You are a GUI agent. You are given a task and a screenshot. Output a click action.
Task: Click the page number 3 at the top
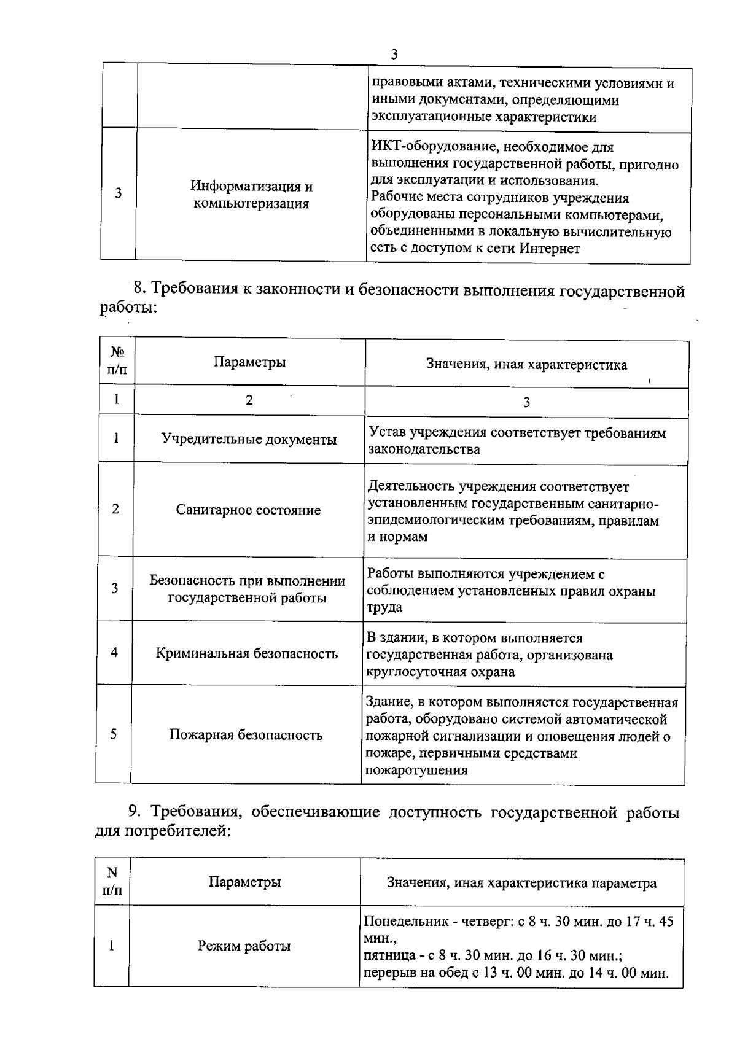[x=394, y=55]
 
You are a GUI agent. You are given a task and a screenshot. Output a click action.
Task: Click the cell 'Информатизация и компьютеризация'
[x=251, y=195]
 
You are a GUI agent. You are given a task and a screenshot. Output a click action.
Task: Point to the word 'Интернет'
[x=550, y=249]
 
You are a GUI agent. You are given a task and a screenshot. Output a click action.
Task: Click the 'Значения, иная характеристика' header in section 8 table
[x=526, y=365]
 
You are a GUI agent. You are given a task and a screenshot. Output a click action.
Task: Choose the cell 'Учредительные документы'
[x=249, y=440]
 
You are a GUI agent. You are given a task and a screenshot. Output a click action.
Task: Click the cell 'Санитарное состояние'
[x=248, y=510]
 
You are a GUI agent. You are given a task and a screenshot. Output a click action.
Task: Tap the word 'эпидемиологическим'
[x=430, y=521]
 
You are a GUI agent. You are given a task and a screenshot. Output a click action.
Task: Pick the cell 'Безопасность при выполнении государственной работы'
[x=247, y=589]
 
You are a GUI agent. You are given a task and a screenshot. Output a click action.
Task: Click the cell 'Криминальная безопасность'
[x=247, y=653]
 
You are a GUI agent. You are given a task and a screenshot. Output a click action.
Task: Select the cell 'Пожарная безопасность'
[x=246, y=735]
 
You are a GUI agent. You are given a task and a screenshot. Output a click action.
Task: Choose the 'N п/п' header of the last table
[x=112, y=881]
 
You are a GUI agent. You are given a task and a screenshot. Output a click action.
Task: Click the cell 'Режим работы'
[x=244, y=946]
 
